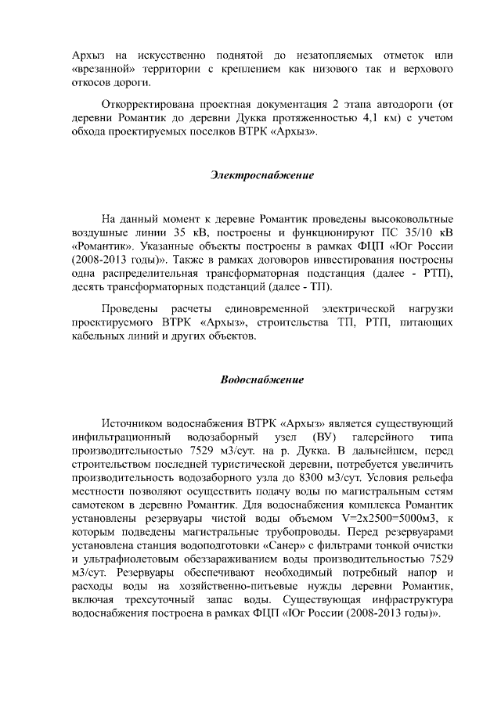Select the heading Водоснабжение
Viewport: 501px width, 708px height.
(261, 379)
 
